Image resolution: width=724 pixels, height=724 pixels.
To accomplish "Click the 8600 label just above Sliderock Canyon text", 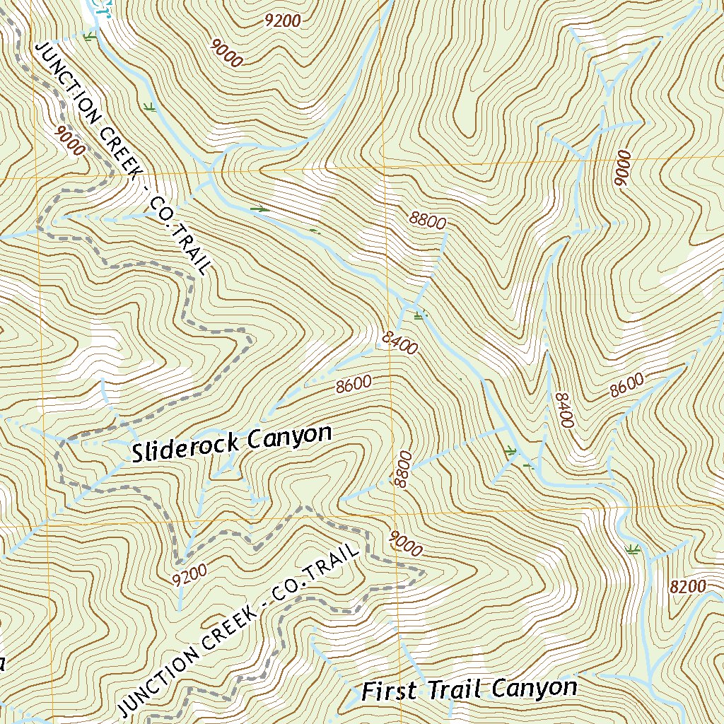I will (x=354, y=385).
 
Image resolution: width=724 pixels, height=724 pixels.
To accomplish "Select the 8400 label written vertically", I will (x=563, y=410).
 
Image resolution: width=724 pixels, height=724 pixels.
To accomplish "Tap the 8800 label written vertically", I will (x=403, y=469).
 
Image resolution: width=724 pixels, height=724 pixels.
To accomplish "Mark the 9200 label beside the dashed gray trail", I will (x=189, y=575).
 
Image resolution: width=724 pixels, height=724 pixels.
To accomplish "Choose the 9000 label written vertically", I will (x=621, y=168).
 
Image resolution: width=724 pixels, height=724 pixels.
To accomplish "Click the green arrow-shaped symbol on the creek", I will (x=260, y=209).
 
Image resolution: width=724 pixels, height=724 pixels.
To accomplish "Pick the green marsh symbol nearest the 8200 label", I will (x=633, y=549).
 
